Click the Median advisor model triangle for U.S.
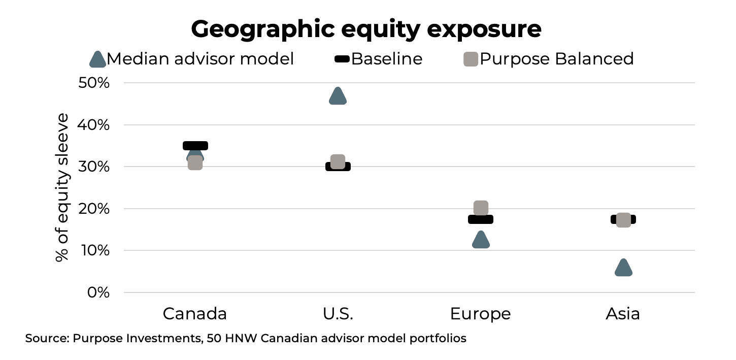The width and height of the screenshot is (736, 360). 338,96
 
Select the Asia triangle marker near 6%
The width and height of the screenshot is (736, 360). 623,268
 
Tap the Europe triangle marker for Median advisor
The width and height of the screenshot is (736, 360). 481,240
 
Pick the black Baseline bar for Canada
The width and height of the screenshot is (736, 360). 195,146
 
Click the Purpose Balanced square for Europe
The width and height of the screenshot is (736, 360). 481,208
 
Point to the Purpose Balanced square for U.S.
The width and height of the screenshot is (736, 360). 338,161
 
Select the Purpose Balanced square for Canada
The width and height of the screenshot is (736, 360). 195,163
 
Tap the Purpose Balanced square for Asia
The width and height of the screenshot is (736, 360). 623,220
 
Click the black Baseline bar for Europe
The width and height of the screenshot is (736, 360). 481,219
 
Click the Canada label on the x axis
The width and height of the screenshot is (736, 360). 194,314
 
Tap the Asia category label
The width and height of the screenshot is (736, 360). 623,314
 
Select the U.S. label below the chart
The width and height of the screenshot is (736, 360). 338,314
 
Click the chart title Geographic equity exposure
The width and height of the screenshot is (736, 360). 366,29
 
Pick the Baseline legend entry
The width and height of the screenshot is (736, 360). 386,59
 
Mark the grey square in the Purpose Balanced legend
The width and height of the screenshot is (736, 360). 471,59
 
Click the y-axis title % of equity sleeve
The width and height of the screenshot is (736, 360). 62,187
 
